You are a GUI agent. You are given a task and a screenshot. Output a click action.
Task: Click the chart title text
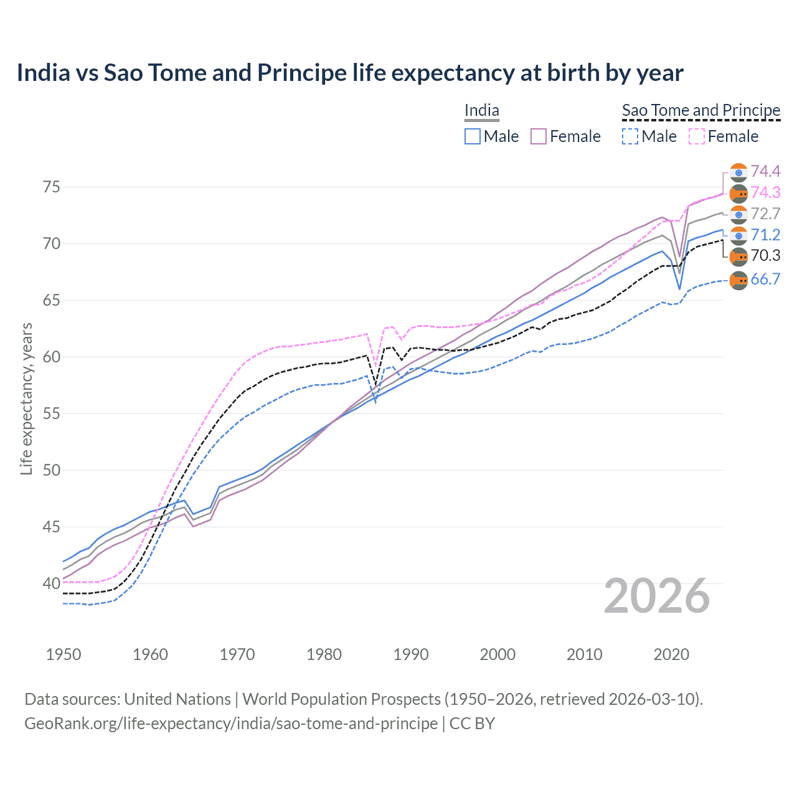click(350, 73)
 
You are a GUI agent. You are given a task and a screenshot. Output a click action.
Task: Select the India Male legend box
click(473, 136)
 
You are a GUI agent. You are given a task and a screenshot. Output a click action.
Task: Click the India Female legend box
click(539, 136)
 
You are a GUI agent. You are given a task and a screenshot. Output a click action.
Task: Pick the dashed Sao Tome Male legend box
click(630, 136)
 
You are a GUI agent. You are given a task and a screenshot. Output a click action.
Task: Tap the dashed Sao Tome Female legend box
click(696, 136)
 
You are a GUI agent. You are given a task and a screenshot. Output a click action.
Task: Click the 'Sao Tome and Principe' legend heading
click(701, 110)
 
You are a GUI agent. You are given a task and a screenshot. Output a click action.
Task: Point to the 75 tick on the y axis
click(52, 187)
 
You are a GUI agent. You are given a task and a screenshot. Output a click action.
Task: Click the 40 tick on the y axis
click(52, 584)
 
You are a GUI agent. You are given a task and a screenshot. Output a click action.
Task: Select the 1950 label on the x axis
click(64, 654)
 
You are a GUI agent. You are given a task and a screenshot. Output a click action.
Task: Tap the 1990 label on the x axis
click(411, 654)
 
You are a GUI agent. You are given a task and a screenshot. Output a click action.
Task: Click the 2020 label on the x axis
click(671, 654)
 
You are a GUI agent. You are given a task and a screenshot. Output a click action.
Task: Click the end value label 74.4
click(765, 172)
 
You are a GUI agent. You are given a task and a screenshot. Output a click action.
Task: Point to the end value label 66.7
click(765, 280)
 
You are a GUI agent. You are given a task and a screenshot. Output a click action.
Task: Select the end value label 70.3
click(765, 256)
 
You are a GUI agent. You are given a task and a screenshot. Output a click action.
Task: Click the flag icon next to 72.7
click(738, 215)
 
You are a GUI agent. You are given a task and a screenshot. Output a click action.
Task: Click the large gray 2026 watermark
click(657, 597)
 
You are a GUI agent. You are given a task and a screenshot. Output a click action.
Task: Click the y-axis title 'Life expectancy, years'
click(26, 398)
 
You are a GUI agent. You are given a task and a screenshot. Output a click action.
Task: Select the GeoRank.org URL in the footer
click(231, 724)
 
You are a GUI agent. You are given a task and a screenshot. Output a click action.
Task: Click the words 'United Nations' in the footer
click(177, 699)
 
